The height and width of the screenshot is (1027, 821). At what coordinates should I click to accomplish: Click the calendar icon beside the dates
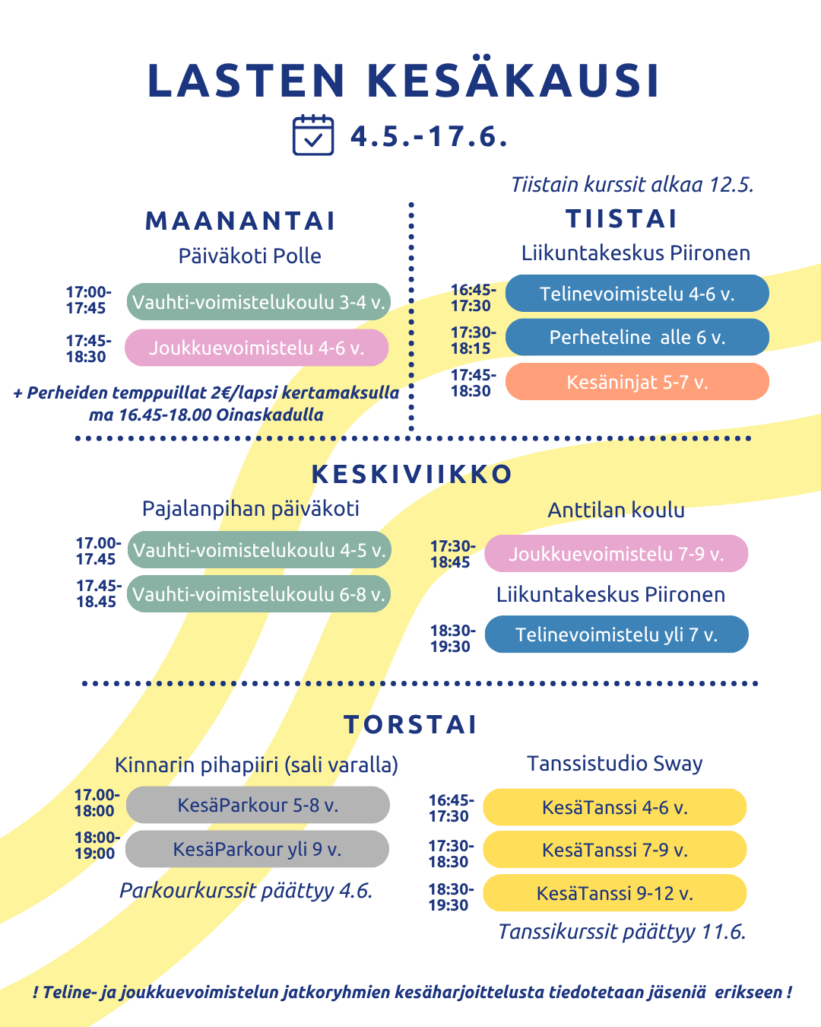pyautogui.click(x=312, y=135)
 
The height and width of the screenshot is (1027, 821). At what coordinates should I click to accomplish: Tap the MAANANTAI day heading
pyautogui.click(x=240, y=221)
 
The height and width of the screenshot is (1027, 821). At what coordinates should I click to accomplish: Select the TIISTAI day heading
pyautogui.click(x=622, y=219)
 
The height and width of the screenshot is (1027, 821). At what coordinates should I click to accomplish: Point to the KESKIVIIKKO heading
pyautogui.click(x=411, y=474)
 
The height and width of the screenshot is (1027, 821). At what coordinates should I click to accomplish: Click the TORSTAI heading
pyautogui.click(x=410, y=724)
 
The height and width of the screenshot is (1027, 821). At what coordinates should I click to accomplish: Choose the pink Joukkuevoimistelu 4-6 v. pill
pyautogui.click(x=257, y=348)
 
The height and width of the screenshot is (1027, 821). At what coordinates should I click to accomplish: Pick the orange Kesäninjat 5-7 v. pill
pyautogui.click(x=637, y=382)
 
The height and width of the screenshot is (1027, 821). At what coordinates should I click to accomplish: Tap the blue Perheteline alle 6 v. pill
pyautogui.click(x=637, y=337)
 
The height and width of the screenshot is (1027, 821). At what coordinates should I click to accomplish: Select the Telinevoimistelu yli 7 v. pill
pyautogui.click(x=617, y=634)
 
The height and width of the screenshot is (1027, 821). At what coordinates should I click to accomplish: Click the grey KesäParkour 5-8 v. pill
pyautogui.click(x=258, y=805)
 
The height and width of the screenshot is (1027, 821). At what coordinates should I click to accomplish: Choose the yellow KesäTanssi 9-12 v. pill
pyautogui.click(x=615, y=893)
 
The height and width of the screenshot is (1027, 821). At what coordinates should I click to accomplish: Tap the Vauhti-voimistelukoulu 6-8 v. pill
pyautogui.click(x=258, y=594)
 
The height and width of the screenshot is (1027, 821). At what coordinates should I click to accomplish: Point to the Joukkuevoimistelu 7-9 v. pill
pyautogui.click(x=617, y=554)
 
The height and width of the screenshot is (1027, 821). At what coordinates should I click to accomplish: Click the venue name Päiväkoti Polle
pyautogui.click(x=249, y=256)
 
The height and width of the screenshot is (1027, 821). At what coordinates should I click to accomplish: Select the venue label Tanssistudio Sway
pyautogui.click(x=614, y=763)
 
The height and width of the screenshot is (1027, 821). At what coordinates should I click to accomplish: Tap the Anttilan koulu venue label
pyautogui.click(x=616, y=510)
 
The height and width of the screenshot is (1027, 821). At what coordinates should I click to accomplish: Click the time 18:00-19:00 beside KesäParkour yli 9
pyautogui.click(x=97, y=845)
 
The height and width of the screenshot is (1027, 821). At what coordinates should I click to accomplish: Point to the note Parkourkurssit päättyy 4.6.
pyautogui.click(x=246, y=891)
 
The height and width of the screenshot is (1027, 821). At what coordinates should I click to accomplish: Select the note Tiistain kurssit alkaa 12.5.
pyautogui.click(x=632, y=185)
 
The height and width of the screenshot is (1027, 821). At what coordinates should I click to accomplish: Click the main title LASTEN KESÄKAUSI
pyautogui.click(x=403, y=81)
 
